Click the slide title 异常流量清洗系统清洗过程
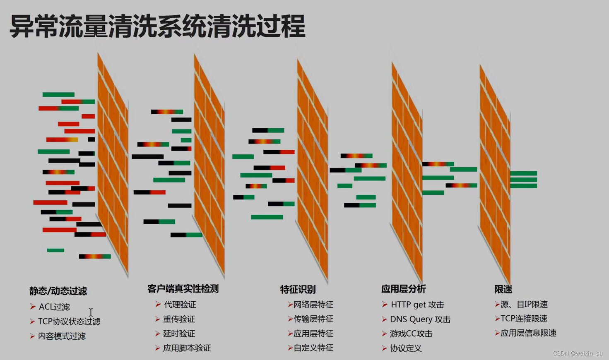tap(157, 26)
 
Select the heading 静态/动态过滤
tap(58, 291)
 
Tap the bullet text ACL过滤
tap(54, 307)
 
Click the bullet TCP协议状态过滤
tap(69, 322)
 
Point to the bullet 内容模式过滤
tap(62, 336)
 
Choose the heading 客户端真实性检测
tap(183, 289)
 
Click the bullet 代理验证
tap(180, 305)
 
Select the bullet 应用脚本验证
tap(187, 348)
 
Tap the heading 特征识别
tap(298, 289)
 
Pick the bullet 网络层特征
tap(313, 305)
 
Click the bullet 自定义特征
tap(313, 348)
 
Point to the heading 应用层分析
tap(403, 289)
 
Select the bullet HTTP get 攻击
tap(417, 305)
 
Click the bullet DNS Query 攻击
tap(420, 319)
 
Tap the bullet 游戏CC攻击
tap(411, 334)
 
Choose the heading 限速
tap(503, 289)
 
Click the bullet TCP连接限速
tap(524, 319)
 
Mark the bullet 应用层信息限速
tap(528, 333)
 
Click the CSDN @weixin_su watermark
tap(578, 353)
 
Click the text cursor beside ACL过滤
tap(91, 312)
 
